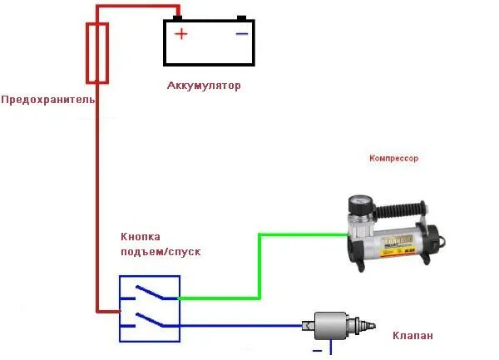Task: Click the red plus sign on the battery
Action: (180, 35)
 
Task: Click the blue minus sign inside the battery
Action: (241, 34)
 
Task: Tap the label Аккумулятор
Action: (204, 86)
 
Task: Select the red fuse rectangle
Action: (98, 53)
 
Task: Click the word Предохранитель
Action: (48, 100)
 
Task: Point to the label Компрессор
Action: (393, 157)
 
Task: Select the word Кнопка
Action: (141, 237)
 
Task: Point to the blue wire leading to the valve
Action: (241, 326)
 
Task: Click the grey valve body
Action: (329, 326)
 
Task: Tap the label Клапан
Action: (413, 336)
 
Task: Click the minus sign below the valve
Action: (317, 350)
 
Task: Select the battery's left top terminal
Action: (178, 17)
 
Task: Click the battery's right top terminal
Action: (241, 17)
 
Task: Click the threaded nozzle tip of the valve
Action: (366, 326)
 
